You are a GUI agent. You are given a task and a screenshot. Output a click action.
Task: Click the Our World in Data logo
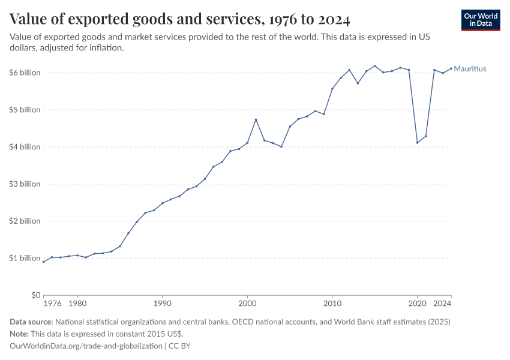point(481,20)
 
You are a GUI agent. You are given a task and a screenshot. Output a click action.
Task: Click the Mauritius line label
point(470,69)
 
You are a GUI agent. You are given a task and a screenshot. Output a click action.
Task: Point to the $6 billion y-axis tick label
point(25,73)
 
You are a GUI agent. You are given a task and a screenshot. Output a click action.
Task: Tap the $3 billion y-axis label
point(25,184)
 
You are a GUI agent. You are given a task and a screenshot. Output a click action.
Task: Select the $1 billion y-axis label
point(25,258)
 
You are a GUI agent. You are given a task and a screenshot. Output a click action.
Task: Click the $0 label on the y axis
point(35,295)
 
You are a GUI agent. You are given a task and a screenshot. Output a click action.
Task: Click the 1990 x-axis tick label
point(162,304)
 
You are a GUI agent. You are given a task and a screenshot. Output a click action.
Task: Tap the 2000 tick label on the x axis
point(247,304)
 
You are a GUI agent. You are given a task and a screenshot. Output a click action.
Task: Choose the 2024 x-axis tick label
point(443,304)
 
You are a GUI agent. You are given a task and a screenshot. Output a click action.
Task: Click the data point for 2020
point(418,143)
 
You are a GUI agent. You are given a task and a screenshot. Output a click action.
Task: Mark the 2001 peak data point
point(256,119)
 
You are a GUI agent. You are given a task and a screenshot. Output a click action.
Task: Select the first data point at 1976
point(43,262)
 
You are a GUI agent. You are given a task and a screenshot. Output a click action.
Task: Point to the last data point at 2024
point(451,68)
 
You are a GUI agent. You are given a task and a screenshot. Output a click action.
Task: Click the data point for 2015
point(375,66)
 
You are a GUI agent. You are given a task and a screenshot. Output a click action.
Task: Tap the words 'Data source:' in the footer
point(31,322)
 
